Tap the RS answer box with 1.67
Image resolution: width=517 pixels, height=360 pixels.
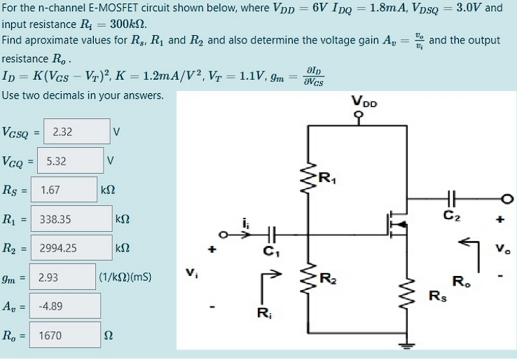point(67,189)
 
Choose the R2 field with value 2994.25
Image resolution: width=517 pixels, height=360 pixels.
point(76,248)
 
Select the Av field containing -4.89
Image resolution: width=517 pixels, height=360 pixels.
point(67,306)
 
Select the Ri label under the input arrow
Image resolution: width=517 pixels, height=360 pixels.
point(263,311)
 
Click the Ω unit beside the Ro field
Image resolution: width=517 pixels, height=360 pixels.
point(107,336)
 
